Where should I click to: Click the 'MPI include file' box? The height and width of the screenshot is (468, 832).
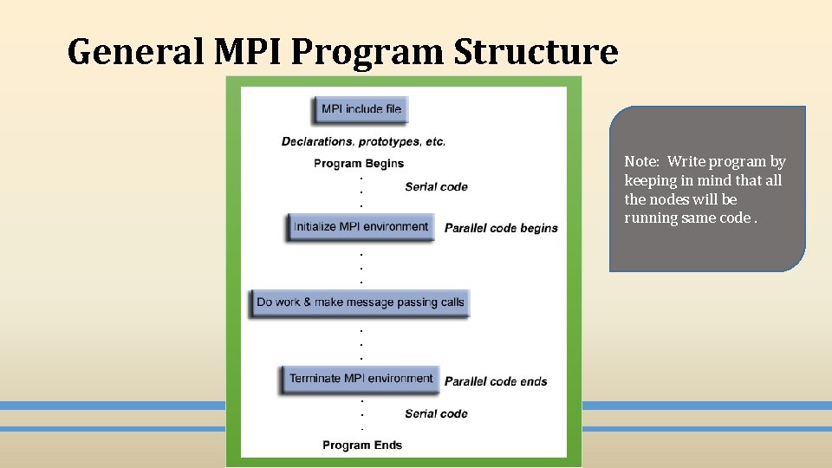(x=361, y=109)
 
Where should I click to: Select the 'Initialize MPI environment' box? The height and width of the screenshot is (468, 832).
(x=361, y=227)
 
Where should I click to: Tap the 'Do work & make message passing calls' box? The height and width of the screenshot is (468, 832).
(x=361, y=302)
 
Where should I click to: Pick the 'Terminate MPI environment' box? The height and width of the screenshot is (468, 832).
(x=361, y=379)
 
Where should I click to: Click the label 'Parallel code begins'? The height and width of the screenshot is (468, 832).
(x=501, y=229)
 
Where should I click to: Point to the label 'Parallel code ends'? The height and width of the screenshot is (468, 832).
(x=496, y=381)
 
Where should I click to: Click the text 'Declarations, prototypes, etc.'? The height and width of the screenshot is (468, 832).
(x=363, y=141)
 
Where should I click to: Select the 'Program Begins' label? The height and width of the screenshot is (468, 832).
(x=358, y=163)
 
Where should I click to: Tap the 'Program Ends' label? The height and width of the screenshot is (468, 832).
(x=362, y=445)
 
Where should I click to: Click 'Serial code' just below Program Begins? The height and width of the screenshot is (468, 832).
(x=436, y=186)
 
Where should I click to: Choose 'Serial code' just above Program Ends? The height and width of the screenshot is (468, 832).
(x=436, y=413)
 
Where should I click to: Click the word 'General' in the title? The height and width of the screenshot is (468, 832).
(x=134, y=52)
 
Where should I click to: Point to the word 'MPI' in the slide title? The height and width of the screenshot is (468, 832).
(x=247, y=52)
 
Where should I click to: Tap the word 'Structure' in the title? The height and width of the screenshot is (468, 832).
(x=536, y=52)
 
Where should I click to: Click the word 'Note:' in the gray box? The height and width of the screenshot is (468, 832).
(x=642, y=161)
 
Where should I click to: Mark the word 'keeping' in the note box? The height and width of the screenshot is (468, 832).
(x=649, y=180)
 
